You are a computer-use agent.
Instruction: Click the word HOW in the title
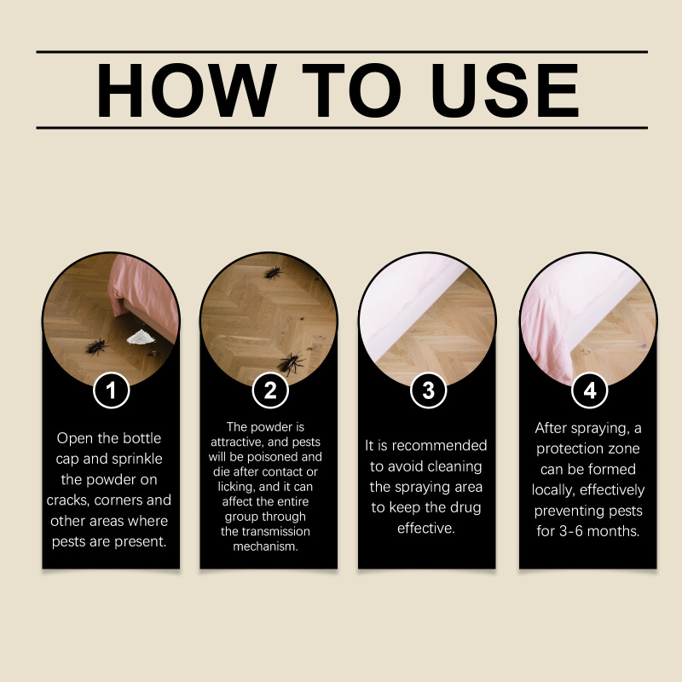(186, 90)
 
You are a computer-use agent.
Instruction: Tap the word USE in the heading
(505, 90)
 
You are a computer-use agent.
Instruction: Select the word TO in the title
(351, 90)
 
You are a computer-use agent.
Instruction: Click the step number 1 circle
(112, 390)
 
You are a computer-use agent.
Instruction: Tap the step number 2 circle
(270, 390)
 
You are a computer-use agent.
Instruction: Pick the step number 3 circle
(429, 390)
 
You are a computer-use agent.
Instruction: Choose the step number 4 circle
(589, 390)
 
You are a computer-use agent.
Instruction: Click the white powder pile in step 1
(141, 337)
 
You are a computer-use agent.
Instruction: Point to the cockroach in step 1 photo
(96, 347)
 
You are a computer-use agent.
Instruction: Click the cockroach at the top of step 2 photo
(273, 273)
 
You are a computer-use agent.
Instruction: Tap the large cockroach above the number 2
(291, 364)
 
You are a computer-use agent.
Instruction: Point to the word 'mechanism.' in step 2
(265, 546)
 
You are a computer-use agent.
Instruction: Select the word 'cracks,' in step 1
(68, 500)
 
